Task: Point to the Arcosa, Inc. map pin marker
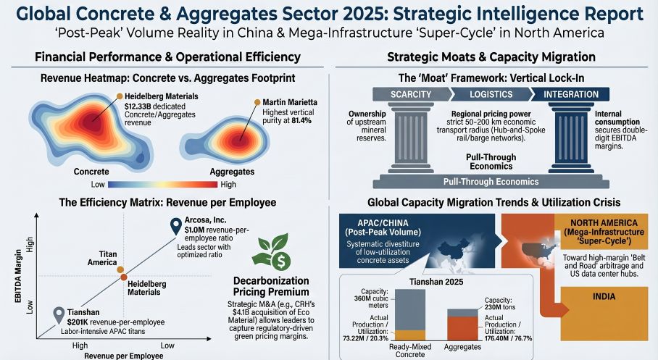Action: pyautogui.click(x=175, y=226)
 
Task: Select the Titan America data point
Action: pyautogui.click(x=120, y=269)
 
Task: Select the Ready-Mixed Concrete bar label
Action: pyautogui.click(x=407, y=351)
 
